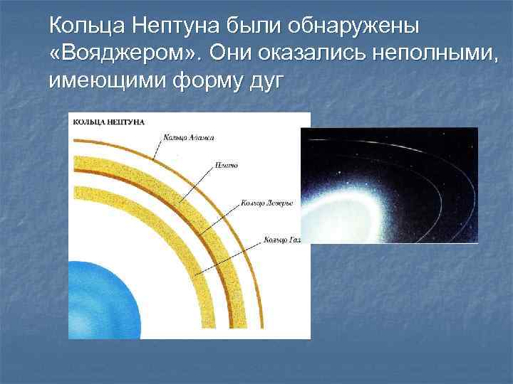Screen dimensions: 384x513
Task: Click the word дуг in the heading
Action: [265, 82]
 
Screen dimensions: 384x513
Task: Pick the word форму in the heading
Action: [202, 82]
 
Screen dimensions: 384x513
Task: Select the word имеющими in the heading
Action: [105, 82]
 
